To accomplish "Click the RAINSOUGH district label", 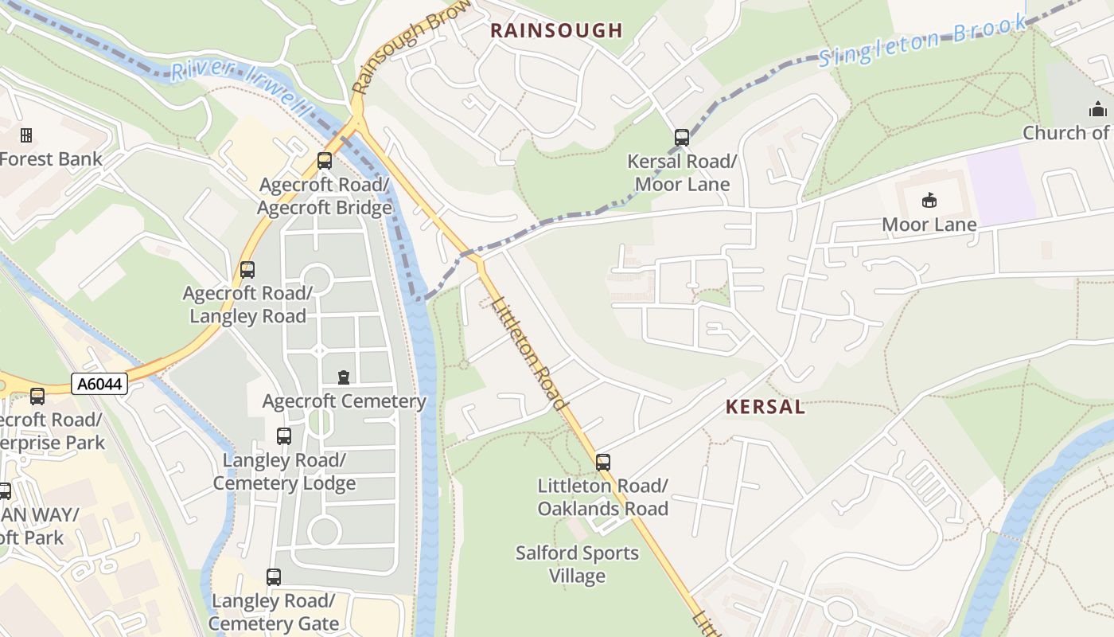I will (555, 31).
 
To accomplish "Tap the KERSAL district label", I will (765, 407).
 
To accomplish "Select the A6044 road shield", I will (99, 385).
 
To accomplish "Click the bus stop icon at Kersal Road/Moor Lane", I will (682, 138).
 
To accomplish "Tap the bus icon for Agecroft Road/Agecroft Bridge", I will (325, 161).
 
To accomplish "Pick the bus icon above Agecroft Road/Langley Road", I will (247, 270).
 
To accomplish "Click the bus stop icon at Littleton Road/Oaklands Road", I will (603, 462).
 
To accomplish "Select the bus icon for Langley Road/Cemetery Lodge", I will (284, 436).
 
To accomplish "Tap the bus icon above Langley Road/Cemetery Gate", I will (274, 577).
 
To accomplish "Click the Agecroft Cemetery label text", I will (345, 401).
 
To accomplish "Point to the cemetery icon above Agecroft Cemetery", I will (344, 377).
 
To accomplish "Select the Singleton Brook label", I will (923, 40).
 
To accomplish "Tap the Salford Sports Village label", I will (577, 564).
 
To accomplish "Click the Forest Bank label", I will (51, 158).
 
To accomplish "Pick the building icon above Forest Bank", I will (26, 135).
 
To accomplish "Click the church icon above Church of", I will (1098, 109).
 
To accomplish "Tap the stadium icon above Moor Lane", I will (929, 200).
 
